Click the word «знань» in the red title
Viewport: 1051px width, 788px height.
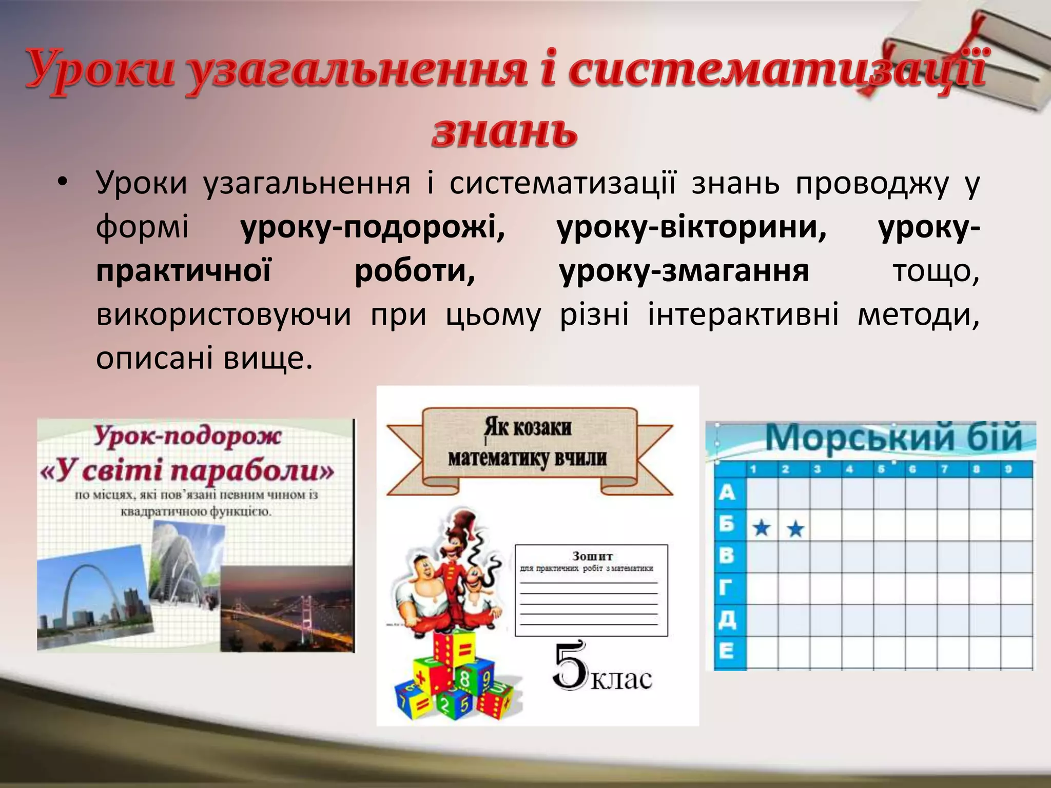point(504,132)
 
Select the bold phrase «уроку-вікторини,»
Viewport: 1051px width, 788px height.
point(692,227)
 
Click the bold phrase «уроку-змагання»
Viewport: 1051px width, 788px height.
point(684,271)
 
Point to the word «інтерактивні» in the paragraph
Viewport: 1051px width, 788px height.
point(743,314)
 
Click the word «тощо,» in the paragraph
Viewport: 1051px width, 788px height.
point(936,271)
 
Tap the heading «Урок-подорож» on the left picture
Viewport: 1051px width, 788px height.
point(187,436)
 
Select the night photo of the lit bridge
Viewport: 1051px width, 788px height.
point(287,608)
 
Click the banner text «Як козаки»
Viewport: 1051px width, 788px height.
point(528,427)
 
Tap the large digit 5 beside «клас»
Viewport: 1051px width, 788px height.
point(570,665)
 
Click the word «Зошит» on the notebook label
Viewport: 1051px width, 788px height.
point(592,556)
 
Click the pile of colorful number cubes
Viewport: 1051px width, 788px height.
point(452,677)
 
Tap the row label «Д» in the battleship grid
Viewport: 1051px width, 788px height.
point(727,620)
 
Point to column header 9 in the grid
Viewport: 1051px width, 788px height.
point(1008,469)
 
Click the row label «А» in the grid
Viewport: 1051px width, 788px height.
point(727,493)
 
